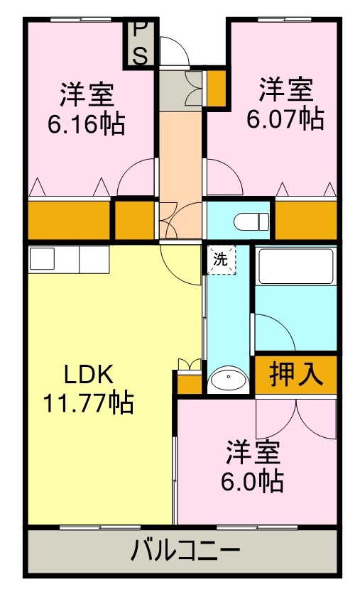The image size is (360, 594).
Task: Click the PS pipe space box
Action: pos(141,43)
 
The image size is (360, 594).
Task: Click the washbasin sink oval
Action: pos(228,379)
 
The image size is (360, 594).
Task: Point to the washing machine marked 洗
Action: pos(220,259)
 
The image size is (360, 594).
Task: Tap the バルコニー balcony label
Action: pos(185,551)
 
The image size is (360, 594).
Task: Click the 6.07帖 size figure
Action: pos(285,119)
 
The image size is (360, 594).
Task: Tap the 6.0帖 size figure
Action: pos(253,481)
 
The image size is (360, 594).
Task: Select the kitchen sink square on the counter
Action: pos(41,259)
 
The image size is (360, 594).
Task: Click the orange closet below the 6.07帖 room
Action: pos(305,221)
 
